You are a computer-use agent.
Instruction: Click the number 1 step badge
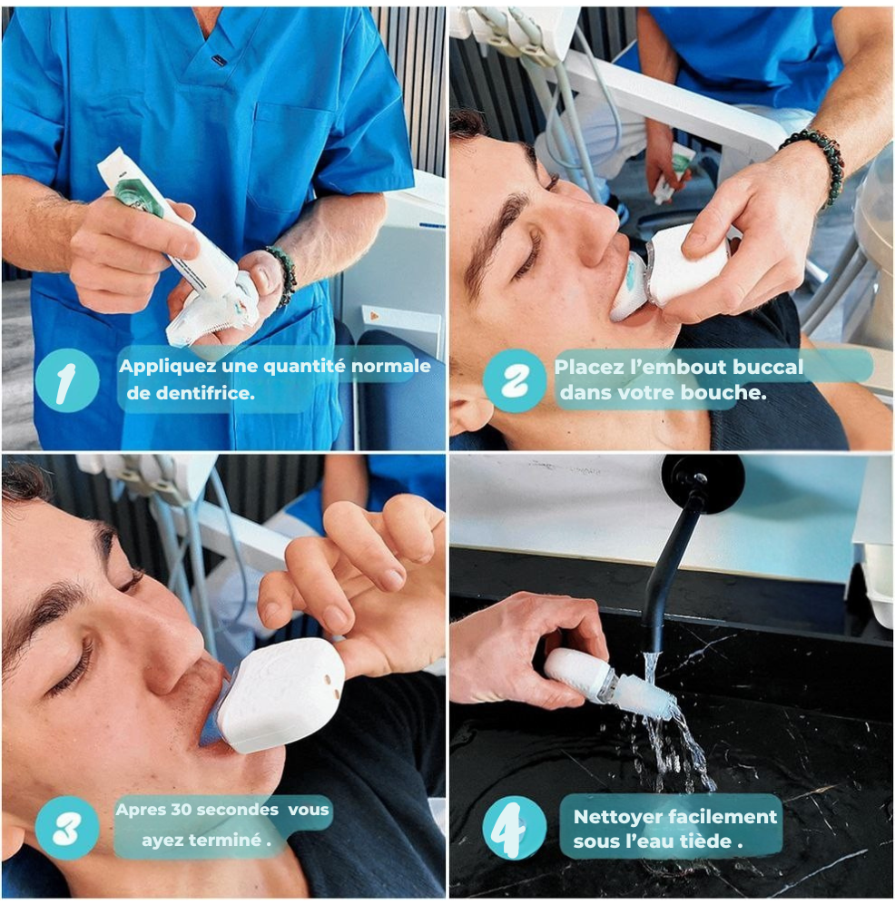(67, 379)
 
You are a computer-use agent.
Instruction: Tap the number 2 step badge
(514, 379)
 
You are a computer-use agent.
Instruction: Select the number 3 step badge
(67, 828)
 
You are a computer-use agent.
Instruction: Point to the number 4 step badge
(514, 828)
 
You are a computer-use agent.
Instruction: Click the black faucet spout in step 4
(679, 554)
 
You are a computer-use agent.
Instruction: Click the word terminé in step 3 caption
(229, 840)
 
